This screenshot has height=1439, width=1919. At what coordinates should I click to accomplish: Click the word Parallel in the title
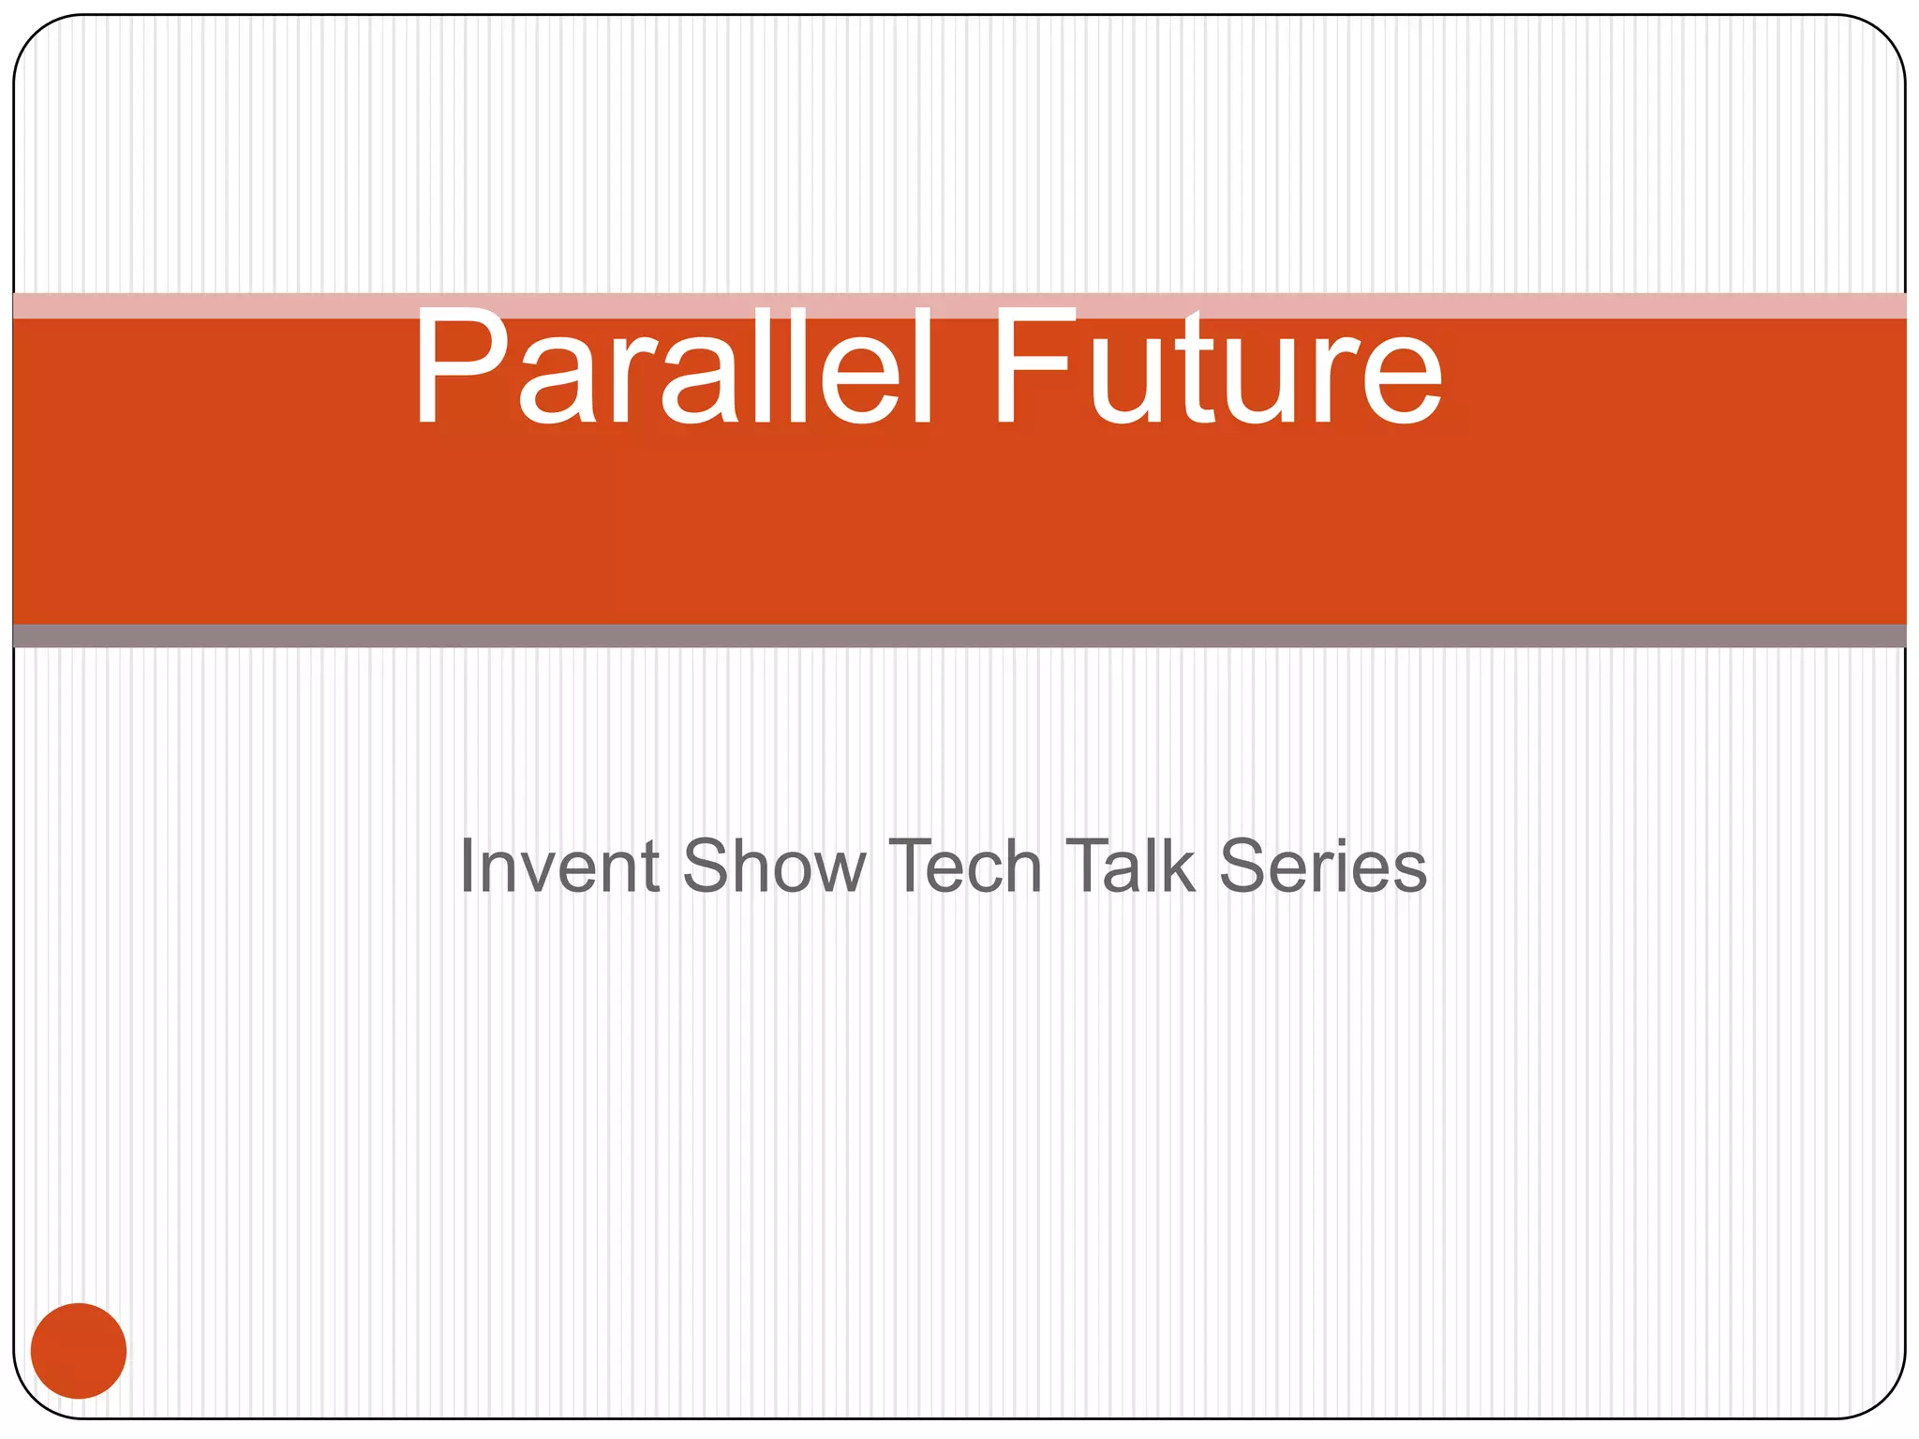click(x=673, y=367)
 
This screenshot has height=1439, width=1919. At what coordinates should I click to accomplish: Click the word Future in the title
click(x=1216, y=367)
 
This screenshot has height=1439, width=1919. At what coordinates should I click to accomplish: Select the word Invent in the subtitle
click(x=559, y=867)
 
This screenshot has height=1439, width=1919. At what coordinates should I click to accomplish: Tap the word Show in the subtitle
click(x=774, y=867)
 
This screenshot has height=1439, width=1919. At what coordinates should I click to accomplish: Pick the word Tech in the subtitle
click(x=965, y=867)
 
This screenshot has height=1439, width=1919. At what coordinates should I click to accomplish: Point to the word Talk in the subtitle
click(x=1130, y=867)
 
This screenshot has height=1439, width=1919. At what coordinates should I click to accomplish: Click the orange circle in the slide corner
click(x=79, y=1351)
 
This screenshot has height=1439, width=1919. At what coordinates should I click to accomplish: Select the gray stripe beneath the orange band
click(x=959, y=636)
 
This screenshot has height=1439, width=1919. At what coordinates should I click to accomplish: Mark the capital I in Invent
click(x=466, y=867)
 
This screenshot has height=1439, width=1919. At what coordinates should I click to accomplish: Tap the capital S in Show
click(x=706, y=867)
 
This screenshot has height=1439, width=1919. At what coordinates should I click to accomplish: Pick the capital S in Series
click(x=1244, y=867)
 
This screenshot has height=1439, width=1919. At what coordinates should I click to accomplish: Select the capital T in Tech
click(x=912, y=867)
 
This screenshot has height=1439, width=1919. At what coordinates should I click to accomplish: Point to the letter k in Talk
click(x=1178, y=867)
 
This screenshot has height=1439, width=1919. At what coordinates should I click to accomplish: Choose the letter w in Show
click(x=839, y=871)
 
